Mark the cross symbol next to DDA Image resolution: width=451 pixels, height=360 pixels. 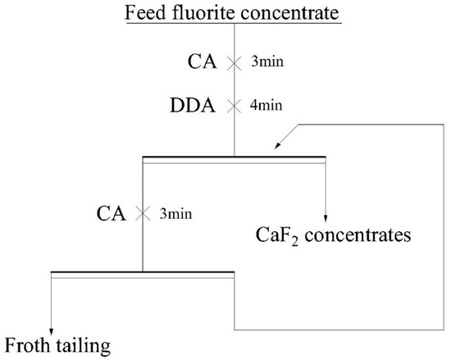[x=235, y=105]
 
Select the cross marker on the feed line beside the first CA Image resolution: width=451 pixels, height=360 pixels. [x=235, y=62]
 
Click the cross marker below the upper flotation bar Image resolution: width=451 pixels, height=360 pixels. [x=143, y=213]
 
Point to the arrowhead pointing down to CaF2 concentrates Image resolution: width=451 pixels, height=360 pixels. [x=326, y=216]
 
